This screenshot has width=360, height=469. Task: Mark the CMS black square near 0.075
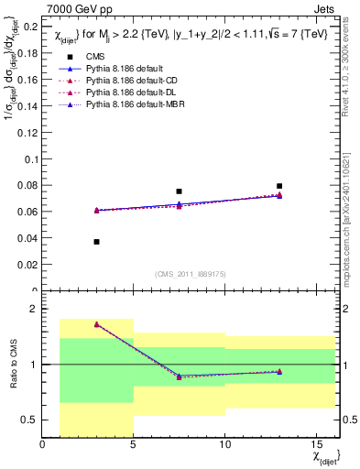coord(180,191)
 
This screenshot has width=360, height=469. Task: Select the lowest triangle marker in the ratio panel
coord(180,376)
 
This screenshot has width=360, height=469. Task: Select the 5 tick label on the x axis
coord(134,445)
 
